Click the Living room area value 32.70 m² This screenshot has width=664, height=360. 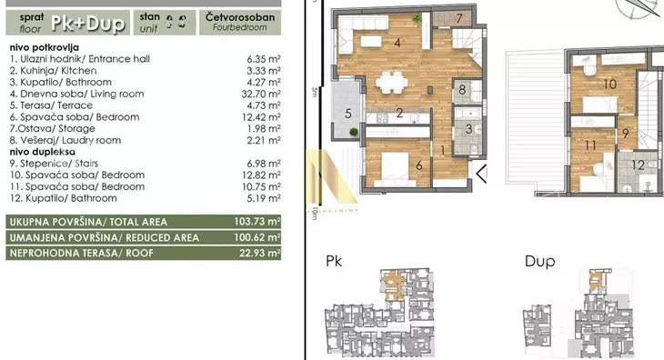point(261,94)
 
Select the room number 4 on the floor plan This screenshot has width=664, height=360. point(397,43)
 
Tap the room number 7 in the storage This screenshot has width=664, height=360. point(459,18)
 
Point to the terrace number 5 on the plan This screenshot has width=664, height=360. point(348,114)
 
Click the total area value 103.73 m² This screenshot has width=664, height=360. point(257,221)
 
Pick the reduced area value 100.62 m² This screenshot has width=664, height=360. point(257,237)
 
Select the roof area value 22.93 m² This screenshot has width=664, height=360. point(259,253)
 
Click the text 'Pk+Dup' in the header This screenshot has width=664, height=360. point(88,23)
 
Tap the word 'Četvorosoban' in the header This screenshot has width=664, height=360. point(240,17)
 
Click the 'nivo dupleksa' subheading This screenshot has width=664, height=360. point(43,152)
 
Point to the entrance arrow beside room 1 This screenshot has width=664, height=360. point(481,174)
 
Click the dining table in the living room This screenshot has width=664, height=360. point(392,82)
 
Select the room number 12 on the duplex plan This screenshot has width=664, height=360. point(638,165)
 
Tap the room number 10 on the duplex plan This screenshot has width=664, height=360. point(609,85)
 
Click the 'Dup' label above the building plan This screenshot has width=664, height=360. point(539,262)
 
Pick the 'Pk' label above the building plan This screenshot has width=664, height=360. point(334,261)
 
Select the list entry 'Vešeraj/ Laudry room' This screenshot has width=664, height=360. point(65,140)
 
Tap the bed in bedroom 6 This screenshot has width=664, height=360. point(395,168)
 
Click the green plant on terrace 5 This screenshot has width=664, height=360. point(354,132)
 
